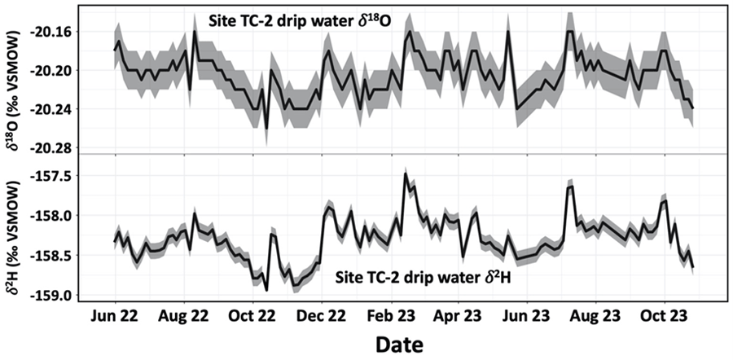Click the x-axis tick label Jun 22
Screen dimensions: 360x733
(114, 314)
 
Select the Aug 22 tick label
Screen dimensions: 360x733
(183, 314)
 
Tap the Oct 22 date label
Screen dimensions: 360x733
(252, 314)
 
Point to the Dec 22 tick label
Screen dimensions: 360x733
(320, 314)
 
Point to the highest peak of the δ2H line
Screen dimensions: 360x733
(405, 174)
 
